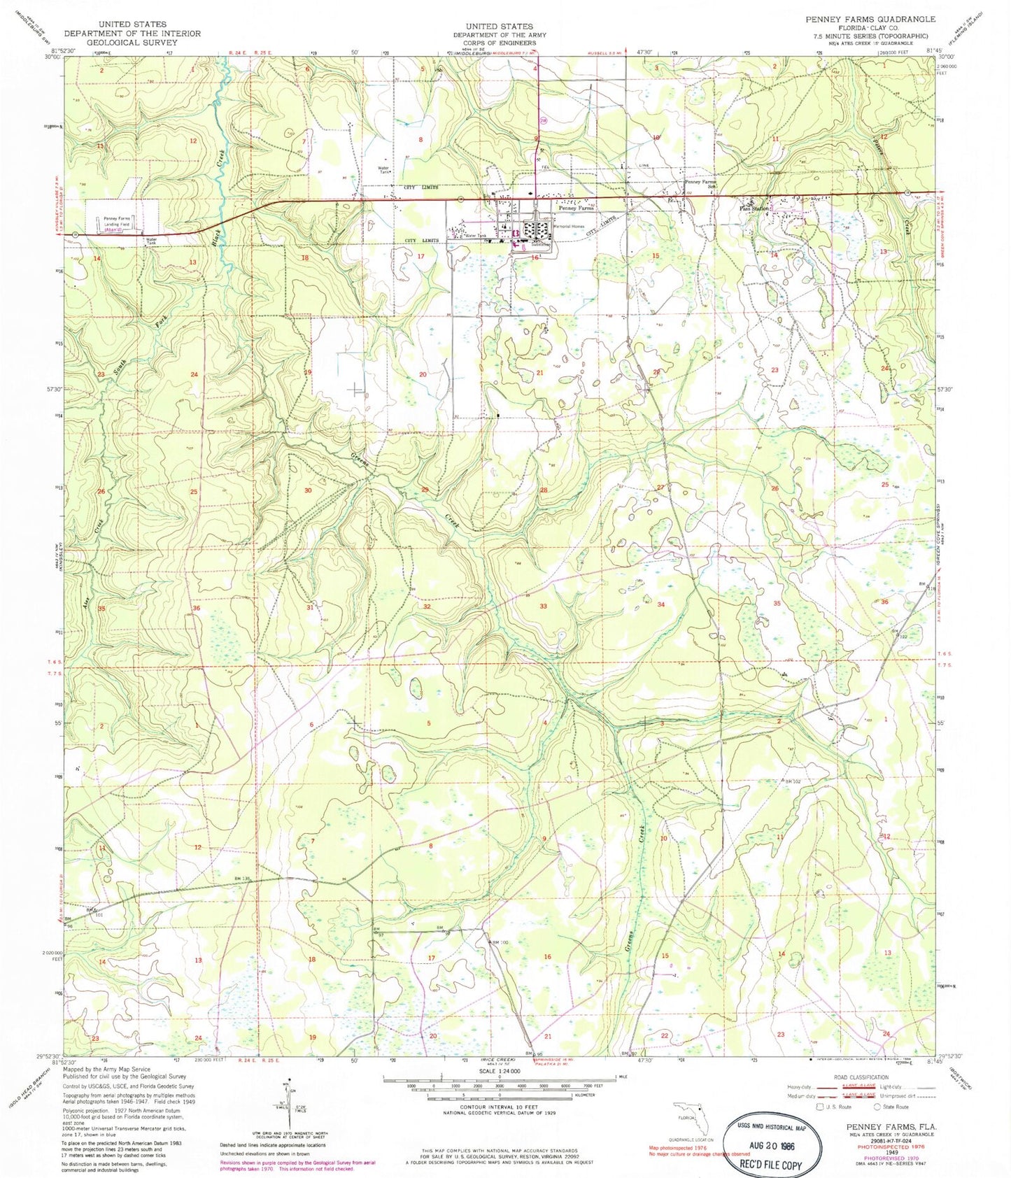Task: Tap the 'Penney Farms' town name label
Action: coord(576,208)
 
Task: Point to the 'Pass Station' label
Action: coord(754,208)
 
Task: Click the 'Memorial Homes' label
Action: coord(568,227)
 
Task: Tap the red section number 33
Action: coord(543,606)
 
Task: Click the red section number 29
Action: coord(425,490)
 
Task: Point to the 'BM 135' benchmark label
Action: coord(241,879)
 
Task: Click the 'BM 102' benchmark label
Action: coord(792,781)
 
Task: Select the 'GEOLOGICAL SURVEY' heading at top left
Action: coord(132,42)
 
